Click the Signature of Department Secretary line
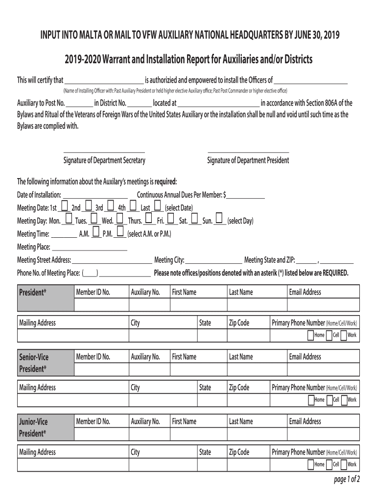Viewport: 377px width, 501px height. [104, 153]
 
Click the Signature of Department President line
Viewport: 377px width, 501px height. [248, 153]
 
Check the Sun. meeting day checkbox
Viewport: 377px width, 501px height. [219, 219]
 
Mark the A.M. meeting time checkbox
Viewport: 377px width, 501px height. [96, 231]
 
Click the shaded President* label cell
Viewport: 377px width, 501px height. [45, 297]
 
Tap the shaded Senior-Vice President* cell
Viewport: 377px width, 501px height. [45, 363]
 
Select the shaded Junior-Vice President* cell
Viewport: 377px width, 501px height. [45, 427]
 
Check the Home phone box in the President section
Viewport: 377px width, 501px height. [310, 335]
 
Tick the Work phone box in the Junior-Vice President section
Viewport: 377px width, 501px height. [344, 464]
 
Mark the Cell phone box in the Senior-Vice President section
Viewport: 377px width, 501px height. [329, 400]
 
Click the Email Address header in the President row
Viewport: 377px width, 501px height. [305, 292]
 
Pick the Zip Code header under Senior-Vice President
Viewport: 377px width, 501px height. [239, 387]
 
